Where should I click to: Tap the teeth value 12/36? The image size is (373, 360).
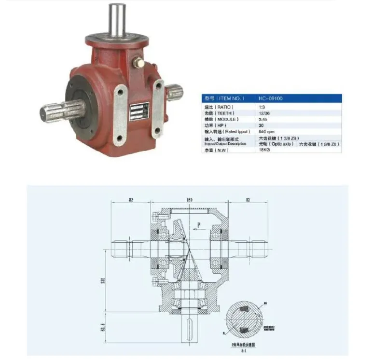point(264,112)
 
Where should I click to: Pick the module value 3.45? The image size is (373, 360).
point(263,119)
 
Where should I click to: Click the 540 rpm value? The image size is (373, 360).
point(267,131)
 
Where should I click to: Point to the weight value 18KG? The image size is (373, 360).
point(264,150)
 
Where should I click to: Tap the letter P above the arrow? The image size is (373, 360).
point(197,224)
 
